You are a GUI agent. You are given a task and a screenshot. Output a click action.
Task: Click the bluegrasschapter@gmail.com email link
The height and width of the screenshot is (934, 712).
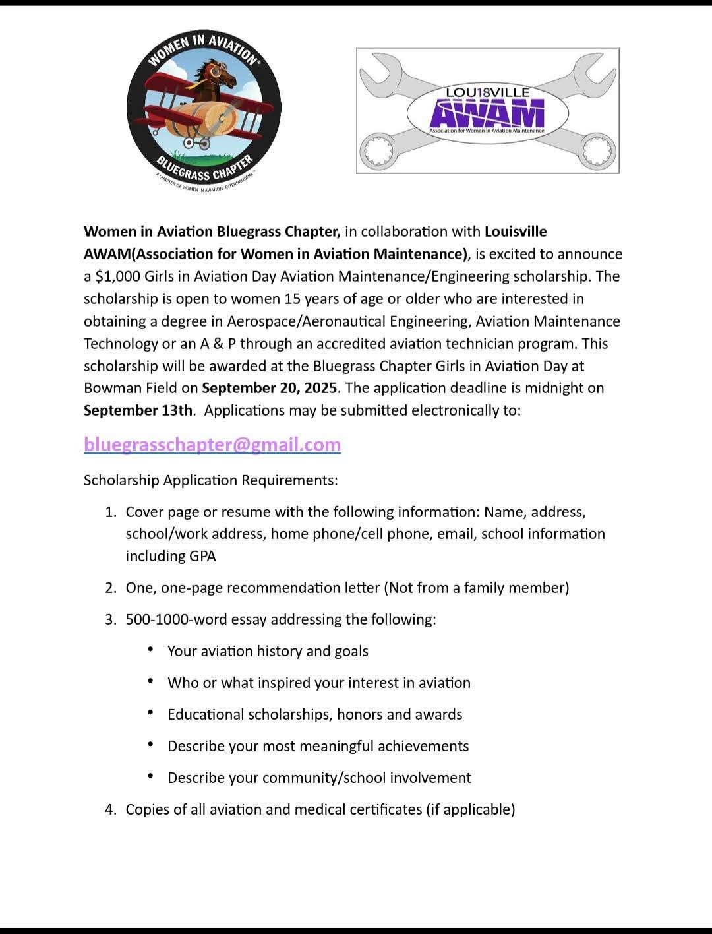[x=212, y=445]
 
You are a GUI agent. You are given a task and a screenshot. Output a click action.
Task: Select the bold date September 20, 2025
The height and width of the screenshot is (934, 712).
[x=270, y=388]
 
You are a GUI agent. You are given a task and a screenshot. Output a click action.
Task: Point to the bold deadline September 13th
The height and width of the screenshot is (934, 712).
[x=138, y=410]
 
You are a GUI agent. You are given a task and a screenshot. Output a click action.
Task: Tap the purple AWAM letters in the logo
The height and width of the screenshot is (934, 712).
[x=487, y=113]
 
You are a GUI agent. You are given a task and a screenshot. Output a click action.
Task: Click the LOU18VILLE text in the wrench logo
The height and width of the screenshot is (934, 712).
[x=487, y=92]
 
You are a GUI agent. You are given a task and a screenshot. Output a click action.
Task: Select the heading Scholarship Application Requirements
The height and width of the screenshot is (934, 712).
[x=211, y=480]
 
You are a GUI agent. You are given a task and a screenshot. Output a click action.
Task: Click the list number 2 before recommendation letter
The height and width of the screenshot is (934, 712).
[x=110, y=588]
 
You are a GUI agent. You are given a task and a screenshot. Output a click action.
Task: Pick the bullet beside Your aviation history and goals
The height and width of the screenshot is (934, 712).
[x=152, y=650]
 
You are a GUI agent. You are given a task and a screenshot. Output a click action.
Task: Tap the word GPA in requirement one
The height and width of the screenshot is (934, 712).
[x=203, y=556]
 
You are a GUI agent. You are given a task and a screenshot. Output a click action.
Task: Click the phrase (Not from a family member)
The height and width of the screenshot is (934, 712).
[x=477, y=588]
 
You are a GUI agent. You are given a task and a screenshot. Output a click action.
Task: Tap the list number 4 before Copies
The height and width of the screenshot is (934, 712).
[x=110, y=809]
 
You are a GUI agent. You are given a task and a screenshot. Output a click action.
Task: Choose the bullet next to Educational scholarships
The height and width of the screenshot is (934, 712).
[x=152, y=714]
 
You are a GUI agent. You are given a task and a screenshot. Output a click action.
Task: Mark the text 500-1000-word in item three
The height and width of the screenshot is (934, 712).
[x=173, y=619]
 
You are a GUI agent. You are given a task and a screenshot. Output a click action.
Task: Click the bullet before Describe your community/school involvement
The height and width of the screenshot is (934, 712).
[x=152, y=777]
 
